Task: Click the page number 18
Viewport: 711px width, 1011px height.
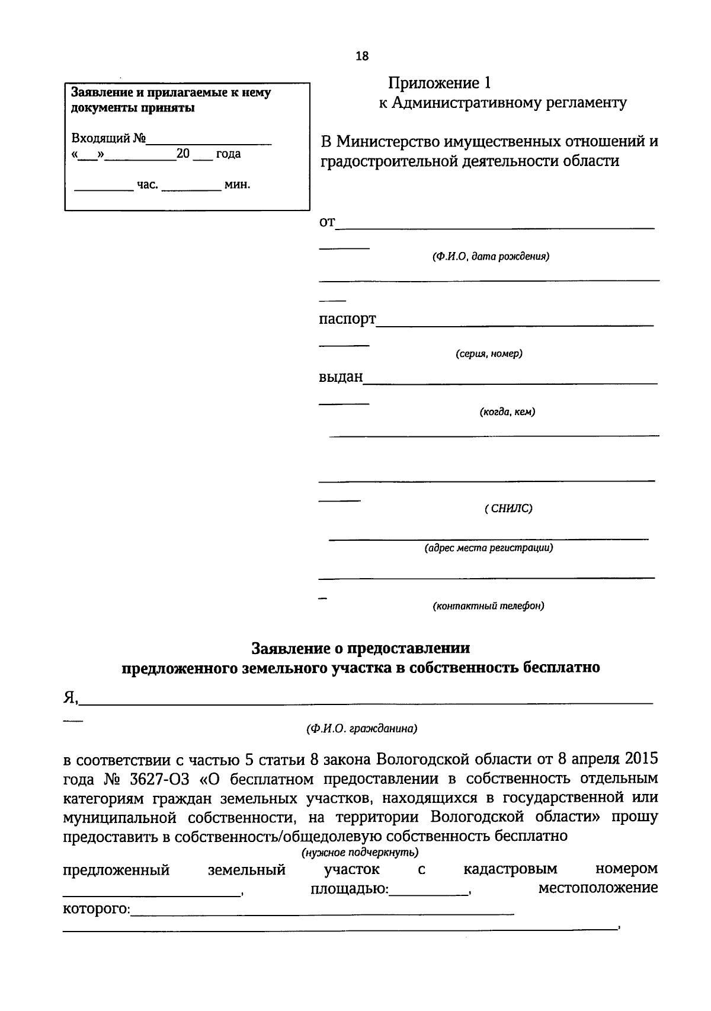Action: tap(361, 56)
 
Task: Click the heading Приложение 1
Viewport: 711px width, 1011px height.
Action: tap(440, 83)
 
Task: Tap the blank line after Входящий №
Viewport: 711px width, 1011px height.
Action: tap(209, 141)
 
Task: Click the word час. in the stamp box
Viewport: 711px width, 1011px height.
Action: tap(148, 185)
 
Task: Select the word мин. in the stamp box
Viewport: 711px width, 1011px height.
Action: tap(238, 185)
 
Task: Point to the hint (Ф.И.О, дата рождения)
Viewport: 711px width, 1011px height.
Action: tap(490, 257)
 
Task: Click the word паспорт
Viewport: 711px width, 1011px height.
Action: tap(347, 319)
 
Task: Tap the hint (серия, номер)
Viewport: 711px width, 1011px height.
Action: tap(489, 354)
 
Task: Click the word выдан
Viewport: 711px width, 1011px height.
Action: tap(341, 377)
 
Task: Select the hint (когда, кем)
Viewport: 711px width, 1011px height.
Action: tap(507, 412)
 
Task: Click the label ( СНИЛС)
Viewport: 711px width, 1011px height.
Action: tap(508, 509)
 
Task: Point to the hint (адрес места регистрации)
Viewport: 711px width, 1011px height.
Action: tap(488, 548)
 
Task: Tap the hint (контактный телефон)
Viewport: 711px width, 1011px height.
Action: tap(488, 607)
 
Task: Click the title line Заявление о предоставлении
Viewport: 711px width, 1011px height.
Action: tap(361, 648)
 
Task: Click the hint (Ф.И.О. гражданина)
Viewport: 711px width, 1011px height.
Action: tap(361, 729)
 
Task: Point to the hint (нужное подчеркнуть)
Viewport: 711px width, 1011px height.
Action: tap(360, 853)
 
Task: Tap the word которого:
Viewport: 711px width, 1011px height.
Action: tap(96, 909)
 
